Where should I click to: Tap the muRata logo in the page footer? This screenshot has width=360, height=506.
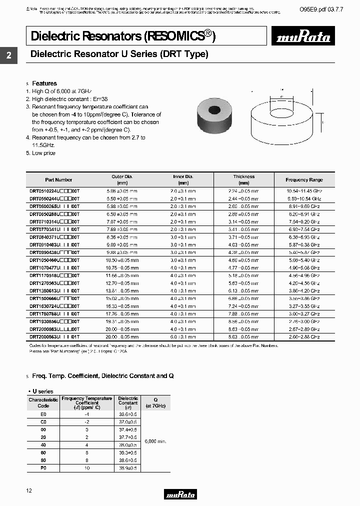[x=180, y=494]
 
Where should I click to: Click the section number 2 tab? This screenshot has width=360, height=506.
[x=8, y=56]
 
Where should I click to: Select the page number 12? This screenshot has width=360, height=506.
[x=28, y=491]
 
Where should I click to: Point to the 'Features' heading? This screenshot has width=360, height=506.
[x=44, y=83]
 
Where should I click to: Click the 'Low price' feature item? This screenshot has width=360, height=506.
[x=43, y=153]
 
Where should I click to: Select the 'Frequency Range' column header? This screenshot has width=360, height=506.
[x=304, y=180]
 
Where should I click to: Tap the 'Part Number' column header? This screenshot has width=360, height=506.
[x=58, y=180]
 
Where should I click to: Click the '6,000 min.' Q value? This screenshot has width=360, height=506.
[x=155, y=441]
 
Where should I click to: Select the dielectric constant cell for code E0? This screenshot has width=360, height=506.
[x=128, y=414]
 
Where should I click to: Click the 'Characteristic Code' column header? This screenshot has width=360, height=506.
[x=43, y=402]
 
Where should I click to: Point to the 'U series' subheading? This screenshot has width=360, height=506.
[x=42, y=391]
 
